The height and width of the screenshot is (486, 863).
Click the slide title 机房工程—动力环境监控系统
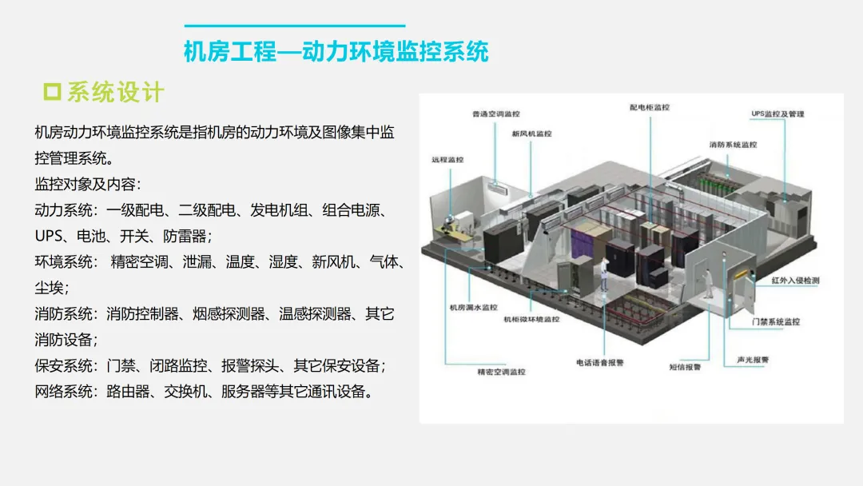pos(336,53)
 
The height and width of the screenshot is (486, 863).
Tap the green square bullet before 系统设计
pos(52,92)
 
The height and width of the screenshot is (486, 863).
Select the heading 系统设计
pos(115,92)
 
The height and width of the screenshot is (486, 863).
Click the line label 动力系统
pos(63,210)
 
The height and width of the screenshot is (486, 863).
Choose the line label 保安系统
pos(63,365)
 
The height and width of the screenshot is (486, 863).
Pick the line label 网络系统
pos(63,392)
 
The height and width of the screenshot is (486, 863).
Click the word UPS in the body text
pos(49,236)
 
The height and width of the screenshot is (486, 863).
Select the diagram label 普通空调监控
pos(496,114)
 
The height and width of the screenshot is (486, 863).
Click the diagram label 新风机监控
pos(531,133)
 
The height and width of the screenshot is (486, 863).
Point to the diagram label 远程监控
pos(447,160)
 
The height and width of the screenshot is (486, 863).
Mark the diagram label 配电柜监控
pos(649,107)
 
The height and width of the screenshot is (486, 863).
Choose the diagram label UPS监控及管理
pos(777,114)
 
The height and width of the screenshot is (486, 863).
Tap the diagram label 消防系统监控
pos(732,145)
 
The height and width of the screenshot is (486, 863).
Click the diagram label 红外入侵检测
pos(795,281)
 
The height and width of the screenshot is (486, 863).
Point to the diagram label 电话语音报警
pos(599,363)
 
